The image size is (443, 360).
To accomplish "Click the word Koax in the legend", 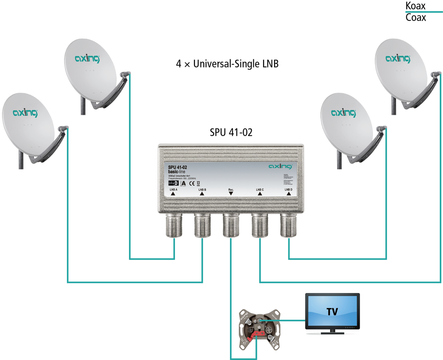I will tap(416, 6).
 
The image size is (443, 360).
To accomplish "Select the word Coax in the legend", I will tap(416, 18).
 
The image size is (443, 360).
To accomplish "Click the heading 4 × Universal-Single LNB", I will tap(227, 64).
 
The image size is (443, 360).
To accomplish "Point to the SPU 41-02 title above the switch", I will tap(231, 132).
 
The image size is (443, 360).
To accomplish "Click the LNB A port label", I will tap(173, 190).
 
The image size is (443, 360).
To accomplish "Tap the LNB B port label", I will tap(202, 190).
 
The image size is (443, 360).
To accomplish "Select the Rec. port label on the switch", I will tap(231, 190).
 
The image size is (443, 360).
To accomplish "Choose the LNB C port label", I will tap(260, 190).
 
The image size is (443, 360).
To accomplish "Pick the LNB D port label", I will tap(288, 190).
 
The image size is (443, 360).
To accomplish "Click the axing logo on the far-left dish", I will tap(26, 113).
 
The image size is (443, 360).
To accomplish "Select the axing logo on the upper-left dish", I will tap(87, 59).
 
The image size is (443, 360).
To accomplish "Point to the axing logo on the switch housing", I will tap(281, 166).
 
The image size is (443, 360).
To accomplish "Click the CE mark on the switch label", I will tap(192, 183).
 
